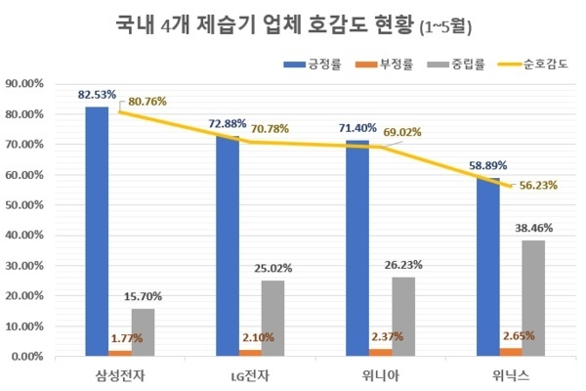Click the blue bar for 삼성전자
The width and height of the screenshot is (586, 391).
pyautogui.click(x=97, y=232)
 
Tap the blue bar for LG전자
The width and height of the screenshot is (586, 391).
pyautogui.click(x=228, y=246)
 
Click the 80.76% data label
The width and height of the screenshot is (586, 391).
pyautogui.click(x=147, y=99)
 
